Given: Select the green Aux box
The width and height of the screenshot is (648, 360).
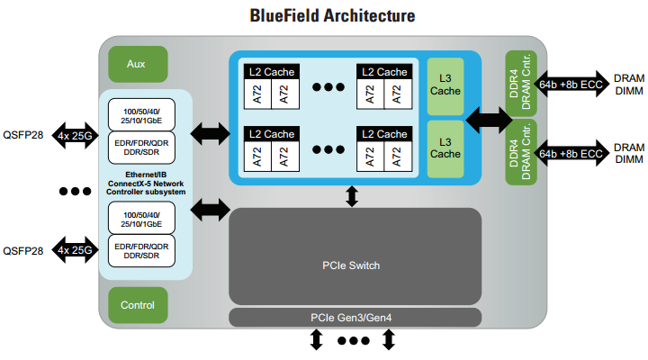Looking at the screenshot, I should click(137, 64).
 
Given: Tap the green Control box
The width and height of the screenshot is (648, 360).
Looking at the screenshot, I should click(137, 304).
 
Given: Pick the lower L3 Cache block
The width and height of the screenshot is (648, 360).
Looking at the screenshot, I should click(445, 148).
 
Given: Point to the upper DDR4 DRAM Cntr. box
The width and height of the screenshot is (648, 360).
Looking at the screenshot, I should click(520, 85).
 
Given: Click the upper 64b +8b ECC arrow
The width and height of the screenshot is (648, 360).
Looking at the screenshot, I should click(571, 84).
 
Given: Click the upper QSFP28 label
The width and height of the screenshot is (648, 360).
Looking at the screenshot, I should click(23, 138).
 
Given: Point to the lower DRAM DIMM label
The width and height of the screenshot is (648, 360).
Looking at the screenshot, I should click(628, 152).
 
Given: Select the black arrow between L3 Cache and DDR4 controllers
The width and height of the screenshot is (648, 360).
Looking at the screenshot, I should click(486, 117).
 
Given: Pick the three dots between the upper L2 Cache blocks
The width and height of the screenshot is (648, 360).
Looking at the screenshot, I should click(328, 87).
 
